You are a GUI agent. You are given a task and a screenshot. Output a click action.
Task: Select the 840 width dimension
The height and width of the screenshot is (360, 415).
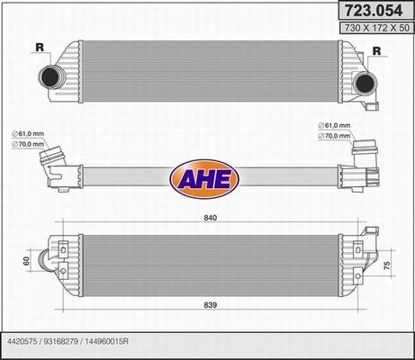(x=209, y=219)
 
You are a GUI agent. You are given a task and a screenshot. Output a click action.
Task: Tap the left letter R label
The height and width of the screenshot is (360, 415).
(x=39, y=48)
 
